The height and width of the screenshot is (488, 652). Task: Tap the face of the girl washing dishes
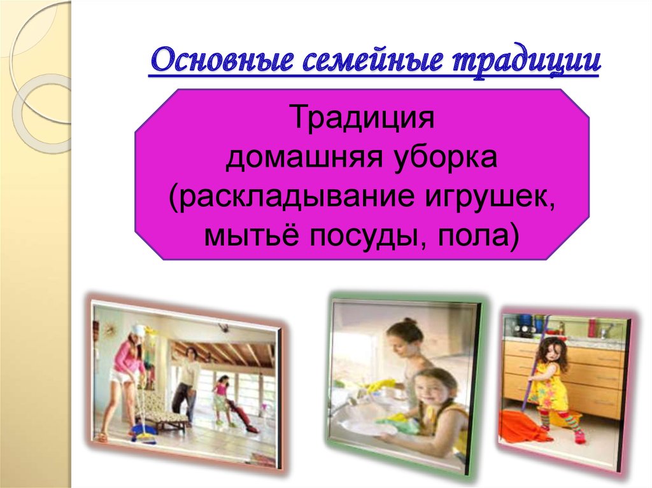(x=427, y=387)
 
